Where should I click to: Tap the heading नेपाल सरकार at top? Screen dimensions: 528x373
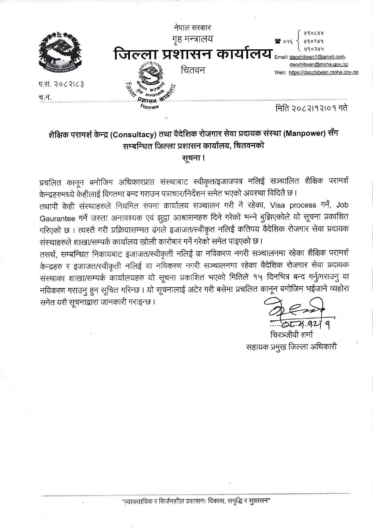193,28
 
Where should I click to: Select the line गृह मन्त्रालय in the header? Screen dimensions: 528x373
193,39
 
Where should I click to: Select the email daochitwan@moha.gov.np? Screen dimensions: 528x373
319,65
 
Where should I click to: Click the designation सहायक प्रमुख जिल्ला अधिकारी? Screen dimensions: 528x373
291,346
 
